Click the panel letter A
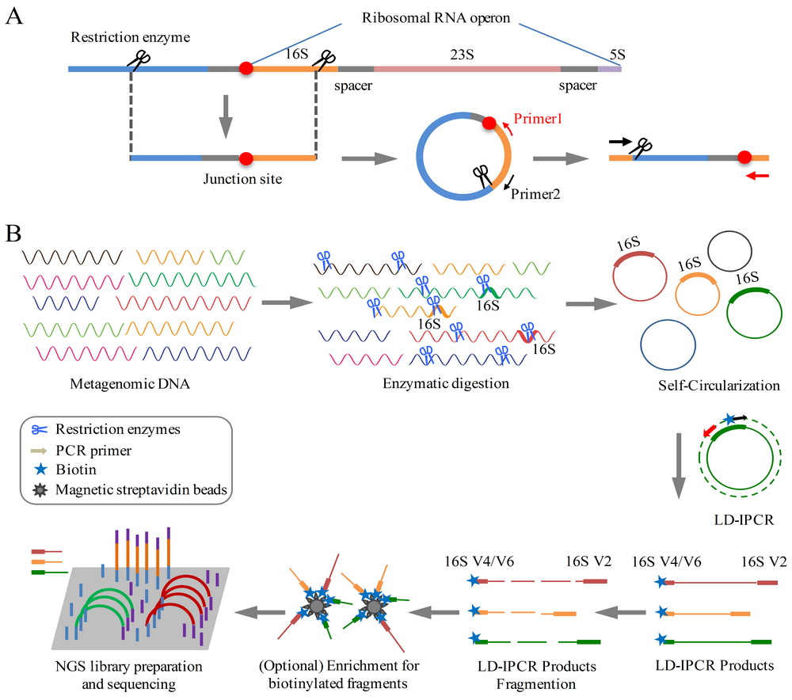tap(13, 17)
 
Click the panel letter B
tap(13, 234)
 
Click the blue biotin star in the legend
tap(37, 470)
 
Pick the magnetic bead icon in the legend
tap(37, 489)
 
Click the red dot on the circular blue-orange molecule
tap(490, 124)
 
